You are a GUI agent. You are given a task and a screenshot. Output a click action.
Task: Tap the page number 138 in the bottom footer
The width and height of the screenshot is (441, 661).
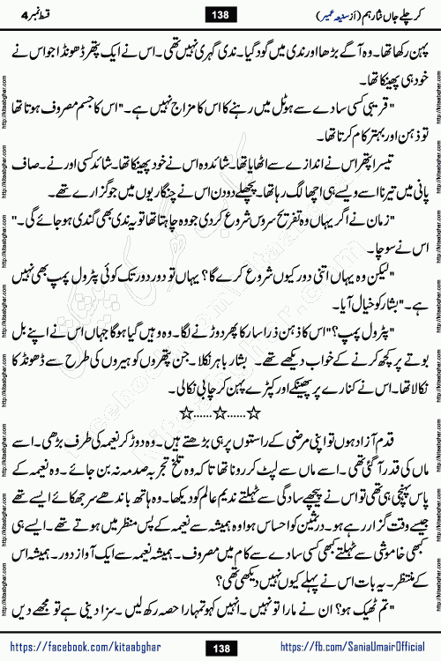point(220,645)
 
